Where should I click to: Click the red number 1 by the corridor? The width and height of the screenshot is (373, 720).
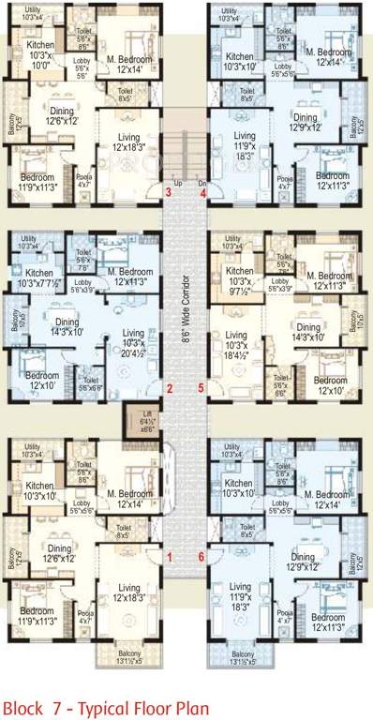(x=170, y=558)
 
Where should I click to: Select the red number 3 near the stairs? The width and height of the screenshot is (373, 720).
(x=168, y=192)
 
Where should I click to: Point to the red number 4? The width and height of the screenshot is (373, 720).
(x=202, y=192)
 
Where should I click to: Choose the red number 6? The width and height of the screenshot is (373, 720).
(x=201, y=558)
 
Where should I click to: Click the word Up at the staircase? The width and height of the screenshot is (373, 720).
(x=177, y=184)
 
